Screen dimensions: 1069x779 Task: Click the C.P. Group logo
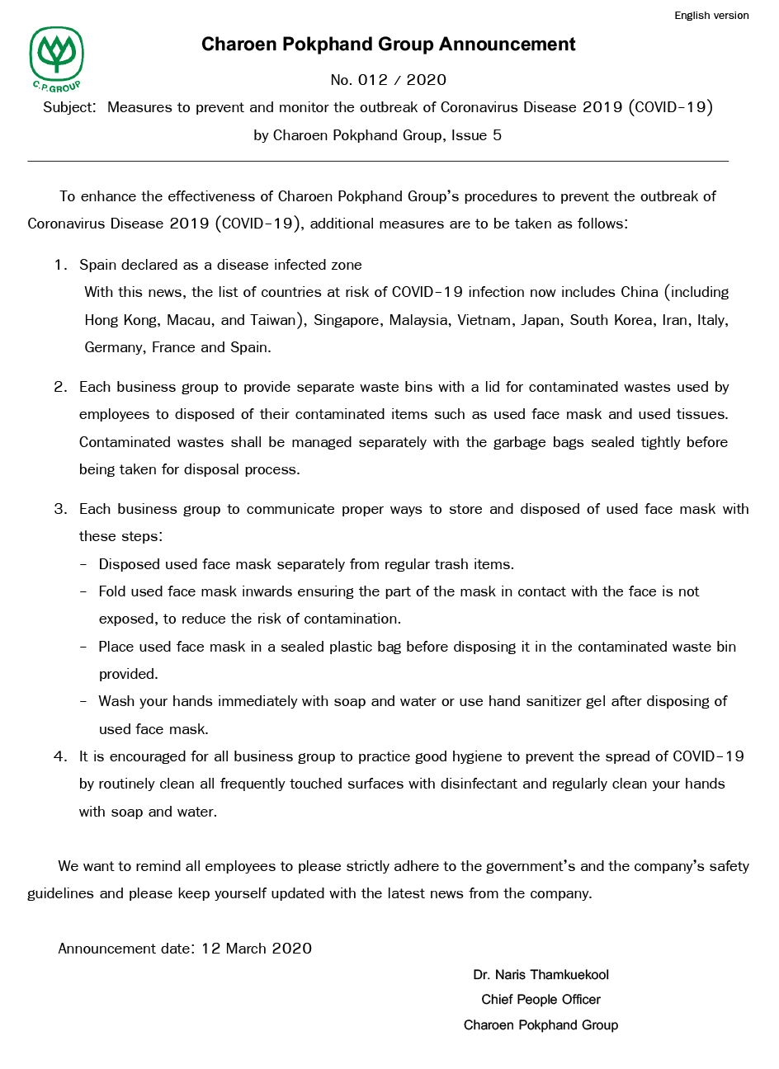point(57,57)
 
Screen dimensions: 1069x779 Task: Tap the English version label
point(711,16)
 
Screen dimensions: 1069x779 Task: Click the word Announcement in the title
point(509,45)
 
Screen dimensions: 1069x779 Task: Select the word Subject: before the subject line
point(70,107)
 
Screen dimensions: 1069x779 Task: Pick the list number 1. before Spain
point(60,265)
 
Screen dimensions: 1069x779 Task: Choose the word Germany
point(116,347)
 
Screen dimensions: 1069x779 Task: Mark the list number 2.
point(60,387)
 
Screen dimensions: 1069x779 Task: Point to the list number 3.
point(60,509)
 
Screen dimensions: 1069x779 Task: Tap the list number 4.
point(60,756)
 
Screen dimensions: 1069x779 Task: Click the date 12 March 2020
point(257,949)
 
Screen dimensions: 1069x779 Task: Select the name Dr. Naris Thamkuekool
point(541,975)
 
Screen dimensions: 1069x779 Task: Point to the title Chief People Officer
point(541,1000)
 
